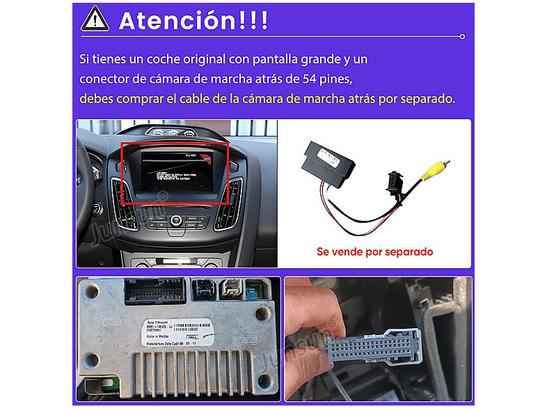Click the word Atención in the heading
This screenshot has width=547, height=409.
(x=177, y=20)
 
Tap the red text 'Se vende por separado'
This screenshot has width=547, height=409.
(x=374, y=252)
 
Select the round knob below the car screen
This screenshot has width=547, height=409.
(x=177, y=221)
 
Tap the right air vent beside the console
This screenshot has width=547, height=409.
(x=229, y=203)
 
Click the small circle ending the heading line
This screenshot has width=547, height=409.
(x=463, y=36)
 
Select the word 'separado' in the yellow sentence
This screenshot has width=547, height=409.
(x=427, y=99)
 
